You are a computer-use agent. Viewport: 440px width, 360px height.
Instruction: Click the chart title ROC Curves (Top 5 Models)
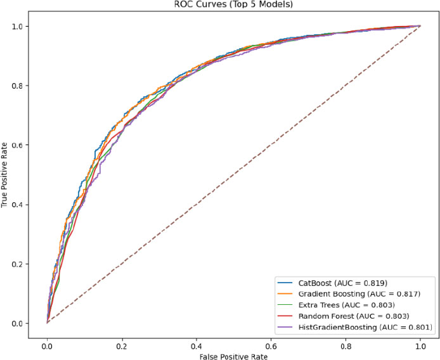(233, 5)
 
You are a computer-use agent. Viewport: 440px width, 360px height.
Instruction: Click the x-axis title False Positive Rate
(233, 356)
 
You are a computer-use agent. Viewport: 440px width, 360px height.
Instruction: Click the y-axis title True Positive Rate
(5, 175)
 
